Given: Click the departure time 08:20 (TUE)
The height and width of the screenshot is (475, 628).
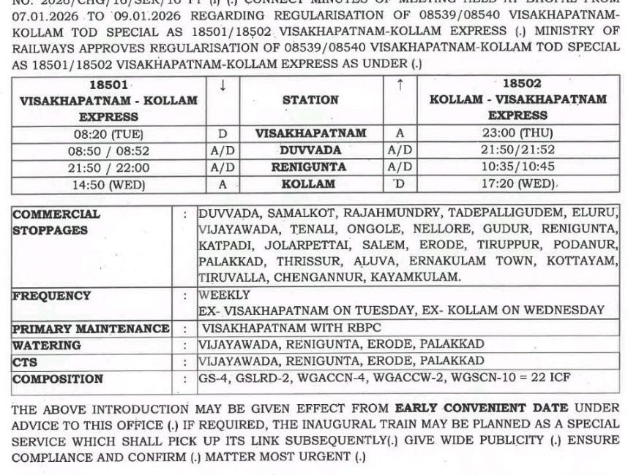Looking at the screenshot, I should (x=108, y=134).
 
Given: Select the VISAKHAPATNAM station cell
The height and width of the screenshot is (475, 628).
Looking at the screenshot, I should (x=310, y=134).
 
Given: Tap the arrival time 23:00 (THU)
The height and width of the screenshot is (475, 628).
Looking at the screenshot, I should (x=517, y=133).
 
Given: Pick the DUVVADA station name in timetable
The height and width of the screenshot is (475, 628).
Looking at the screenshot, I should (x=310, y=150).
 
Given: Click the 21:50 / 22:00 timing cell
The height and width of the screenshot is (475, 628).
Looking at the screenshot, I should (x=108, y=167).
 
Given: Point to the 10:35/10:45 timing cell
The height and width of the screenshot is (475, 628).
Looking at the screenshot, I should (x=517, y=167).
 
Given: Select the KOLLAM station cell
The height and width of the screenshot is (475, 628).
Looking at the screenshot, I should (x=310, y=184).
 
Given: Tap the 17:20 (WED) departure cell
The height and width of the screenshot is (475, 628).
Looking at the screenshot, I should (x=517, y=184).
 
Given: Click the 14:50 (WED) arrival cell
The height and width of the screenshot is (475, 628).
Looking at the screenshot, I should (x=108, y=185).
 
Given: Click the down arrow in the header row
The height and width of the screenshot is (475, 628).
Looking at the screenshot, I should (x=223, y=85).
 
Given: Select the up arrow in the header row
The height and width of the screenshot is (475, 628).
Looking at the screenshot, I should (x=400, y=85).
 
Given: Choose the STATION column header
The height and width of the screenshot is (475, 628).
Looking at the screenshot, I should (x=310, y=100).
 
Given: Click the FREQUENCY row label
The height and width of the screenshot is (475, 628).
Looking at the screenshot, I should (x=52, y=296).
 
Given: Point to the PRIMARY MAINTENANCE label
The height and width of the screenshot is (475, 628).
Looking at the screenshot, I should (x=91, y=329).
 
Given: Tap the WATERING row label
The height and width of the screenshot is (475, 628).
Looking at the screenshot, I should (x=47, y=345).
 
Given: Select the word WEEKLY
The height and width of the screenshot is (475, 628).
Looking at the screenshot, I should (x=224, y=295).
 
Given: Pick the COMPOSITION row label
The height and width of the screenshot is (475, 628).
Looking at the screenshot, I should (x=58, y=379).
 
